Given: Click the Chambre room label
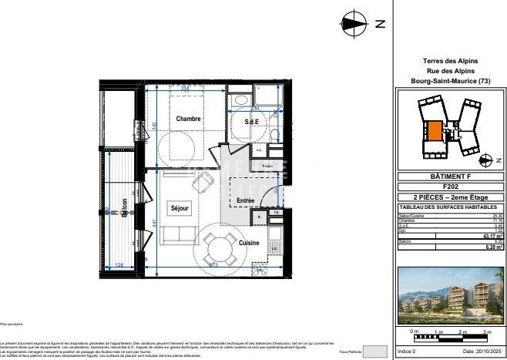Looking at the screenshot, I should point(188,119).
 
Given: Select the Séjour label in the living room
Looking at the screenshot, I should point(180,208).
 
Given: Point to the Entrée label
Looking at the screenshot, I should point(245,200).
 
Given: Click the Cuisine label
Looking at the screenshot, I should point(248,242).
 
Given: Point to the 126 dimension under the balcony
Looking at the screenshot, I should point(119,266).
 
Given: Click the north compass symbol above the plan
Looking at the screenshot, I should point(355,23).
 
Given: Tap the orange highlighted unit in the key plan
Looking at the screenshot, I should point(435,132).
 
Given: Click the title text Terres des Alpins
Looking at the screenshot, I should point(451,61).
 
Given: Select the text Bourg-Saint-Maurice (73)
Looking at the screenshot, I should point(451,81).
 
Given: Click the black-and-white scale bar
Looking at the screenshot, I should point(450,336).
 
